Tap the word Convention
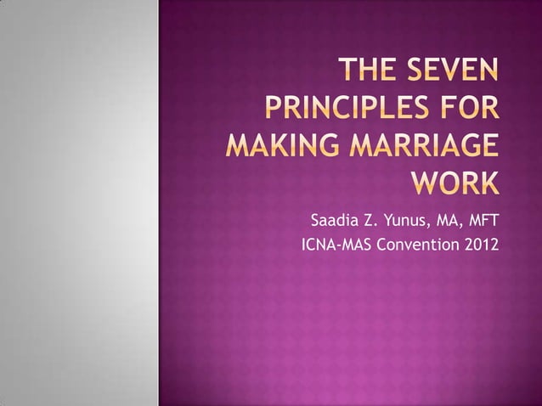coord(418,248)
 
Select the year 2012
coord(480,248)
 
